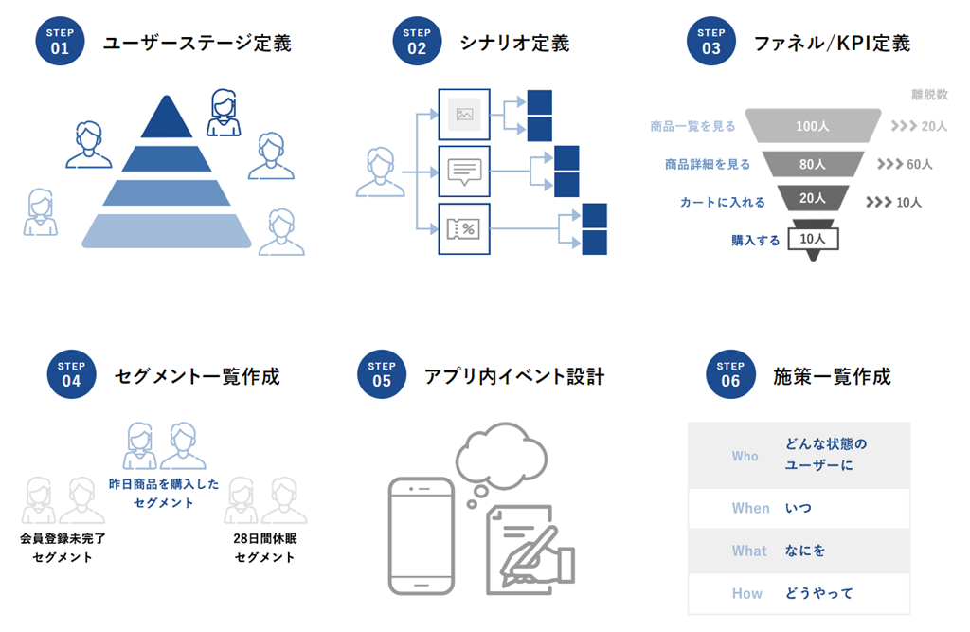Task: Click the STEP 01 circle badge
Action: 60,42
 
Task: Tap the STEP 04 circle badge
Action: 71,375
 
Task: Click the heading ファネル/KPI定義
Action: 832,43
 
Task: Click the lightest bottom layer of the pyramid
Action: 167,230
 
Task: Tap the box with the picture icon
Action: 464,114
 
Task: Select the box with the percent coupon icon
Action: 464,228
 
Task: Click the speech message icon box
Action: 464,171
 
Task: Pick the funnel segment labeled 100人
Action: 813,126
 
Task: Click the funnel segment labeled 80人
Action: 813,164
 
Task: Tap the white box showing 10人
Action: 813,239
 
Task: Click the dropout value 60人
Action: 920,164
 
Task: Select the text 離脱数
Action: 929,95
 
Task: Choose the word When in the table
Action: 750,508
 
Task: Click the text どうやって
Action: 819,593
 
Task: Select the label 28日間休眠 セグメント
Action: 264,548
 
